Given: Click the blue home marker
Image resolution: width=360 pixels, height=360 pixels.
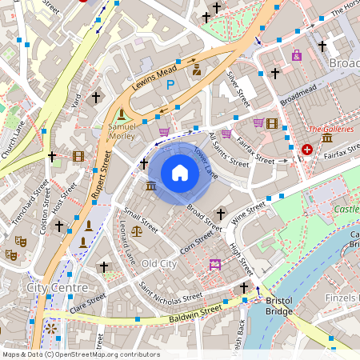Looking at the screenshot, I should click(x=180, y=173).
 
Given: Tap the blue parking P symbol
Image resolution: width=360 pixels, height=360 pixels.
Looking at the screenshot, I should click(x=170, y=82).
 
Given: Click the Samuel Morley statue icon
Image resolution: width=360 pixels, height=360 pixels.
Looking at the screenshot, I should click(x=122, y=114).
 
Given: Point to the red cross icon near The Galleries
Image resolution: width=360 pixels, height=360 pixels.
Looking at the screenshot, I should click(x=307, y=150).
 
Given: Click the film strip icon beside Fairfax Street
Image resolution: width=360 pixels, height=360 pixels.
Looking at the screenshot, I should click(x=273, y=123).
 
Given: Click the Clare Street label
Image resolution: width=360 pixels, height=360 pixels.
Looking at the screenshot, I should click(x=87, y=302).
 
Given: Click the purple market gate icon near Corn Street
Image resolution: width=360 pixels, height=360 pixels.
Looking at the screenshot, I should click(x=214, y=264).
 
